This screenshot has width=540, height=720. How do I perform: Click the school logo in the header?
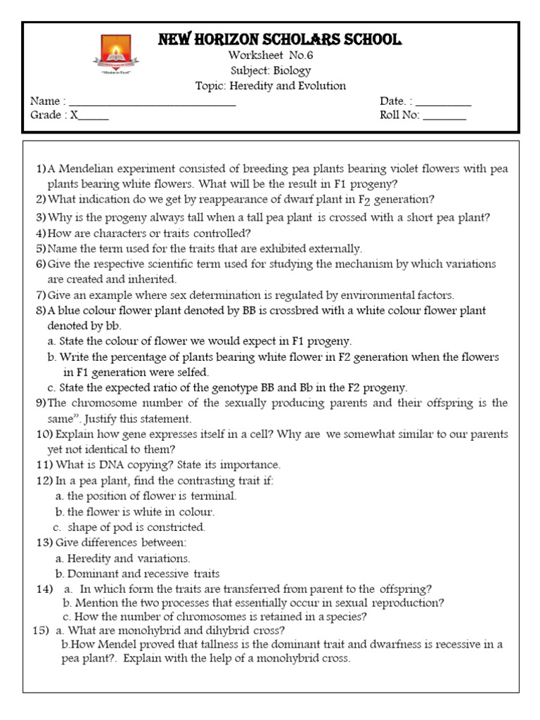click(x=117, y=54)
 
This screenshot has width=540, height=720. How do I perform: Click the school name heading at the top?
click(x=280, y=39)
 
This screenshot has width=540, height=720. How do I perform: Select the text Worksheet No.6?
click(x=270, y=56)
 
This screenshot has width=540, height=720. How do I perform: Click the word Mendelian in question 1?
click(x=89, y=169)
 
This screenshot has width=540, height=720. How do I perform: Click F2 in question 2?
click(x=364, y=200)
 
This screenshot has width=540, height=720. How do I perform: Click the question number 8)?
click(x=40, y=310)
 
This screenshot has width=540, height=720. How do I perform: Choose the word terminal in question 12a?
click(x=214, y=496)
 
